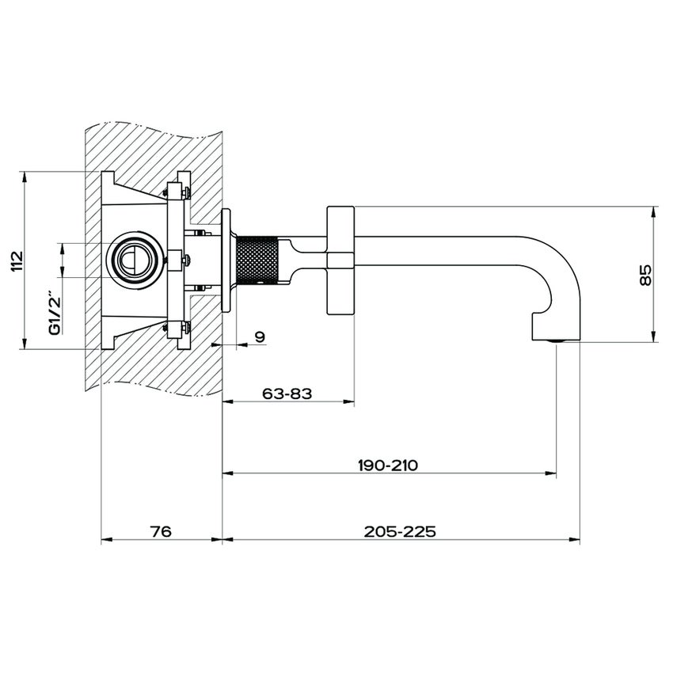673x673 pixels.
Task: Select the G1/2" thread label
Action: pos(55,314)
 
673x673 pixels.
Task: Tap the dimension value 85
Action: pos(645,275)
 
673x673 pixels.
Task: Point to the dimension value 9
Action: pos(260,336)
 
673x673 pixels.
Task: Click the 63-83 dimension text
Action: pos(287,392)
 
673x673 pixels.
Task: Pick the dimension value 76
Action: pos(161,531)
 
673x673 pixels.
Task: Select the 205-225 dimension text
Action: pos(400,531)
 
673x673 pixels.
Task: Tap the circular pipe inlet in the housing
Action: pos(131,259)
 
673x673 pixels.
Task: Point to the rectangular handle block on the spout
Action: pos(340,260)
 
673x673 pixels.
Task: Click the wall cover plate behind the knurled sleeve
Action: pos(226,260)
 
